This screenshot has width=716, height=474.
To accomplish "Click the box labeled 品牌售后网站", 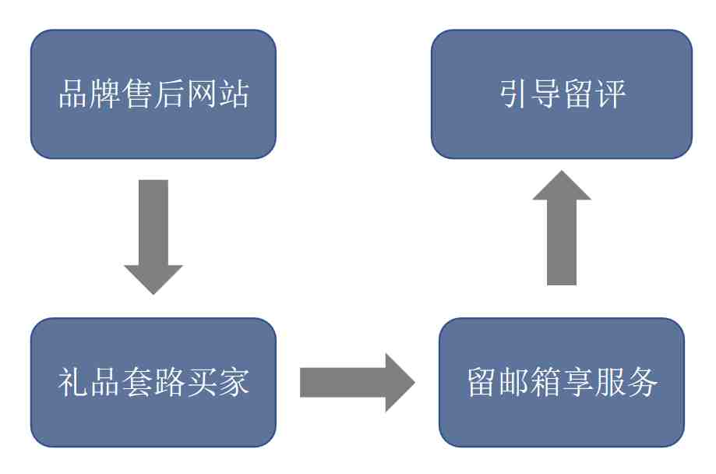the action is [x=153, y=94].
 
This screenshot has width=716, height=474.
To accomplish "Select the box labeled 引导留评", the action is [x=562, y=94].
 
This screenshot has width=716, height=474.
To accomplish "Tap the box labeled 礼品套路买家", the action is [x=153, y=382].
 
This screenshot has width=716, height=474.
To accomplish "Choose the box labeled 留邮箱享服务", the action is [x=562, y=382].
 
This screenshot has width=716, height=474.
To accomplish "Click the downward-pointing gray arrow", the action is [x=153, y=237].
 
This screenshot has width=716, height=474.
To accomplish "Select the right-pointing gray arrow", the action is [x=357, y=383].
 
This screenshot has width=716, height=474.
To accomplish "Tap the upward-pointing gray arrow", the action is [x=562, y=228].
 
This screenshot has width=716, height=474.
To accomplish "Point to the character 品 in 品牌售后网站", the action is [x=73, y=94].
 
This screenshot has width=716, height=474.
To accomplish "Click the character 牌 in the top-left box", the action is [x=105, y=94].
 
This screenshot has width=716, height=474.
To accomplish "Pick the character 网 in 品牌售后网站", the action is [x=201, y=94].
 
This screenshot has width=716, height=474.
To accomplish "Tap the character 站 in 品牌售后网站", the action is [x=233, y=94].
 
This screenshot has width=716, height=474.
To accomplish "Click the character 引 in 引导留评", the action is [x=514, y=94].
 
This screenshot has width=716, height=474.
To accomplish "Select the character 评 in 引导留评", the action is [x=610, y=94].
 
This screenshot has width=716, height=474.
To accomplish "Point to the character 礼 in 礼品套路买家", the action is [x=73, y=382].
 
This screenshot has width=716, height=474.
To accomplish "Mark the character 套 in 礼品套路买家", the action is [x=137, y=382].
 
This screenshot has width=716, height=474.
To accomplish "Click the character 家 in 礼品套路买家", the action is [x=233, y=382].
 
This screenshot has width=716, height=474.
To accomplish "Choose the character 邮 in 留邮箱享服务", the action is [x=513, y=382].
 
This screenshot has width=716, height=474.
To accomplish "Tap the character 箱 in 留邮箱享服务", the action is [x=545, y=382].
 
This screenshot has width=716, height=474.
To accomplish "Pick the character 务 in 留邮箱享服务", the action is [x=641, y=382].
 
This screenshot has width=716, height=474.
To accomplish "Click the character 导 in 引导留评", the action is [x=546, y=94].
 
